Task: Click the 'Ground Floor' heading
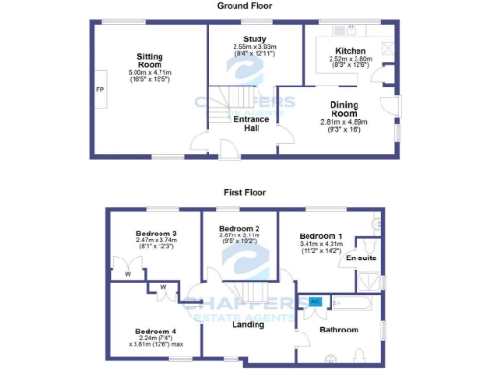tap(244, 6)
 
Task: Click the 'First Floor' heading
tap(244, 192)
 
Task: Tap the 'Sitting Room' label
tap(149, 61)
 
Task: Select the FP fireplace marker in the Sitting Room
tap(99, 90)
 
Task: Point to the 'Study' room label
tap(255, 40)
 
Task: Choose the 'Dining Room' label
tap(344, 109)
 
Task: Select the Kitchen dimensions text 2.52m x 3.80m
tap(350, 61)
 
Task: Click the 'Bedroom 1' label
tap(320, 236)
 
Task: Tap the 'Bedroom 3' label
tap(148, 234)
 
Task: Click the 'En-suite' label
tap(360, 258)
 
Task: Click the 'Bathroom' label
tap(338, 331)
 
